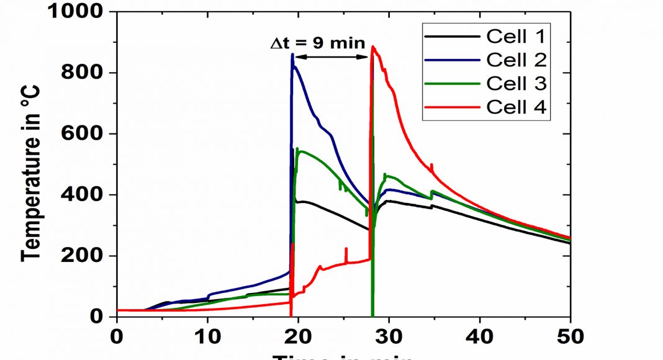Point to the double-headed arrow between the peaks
(x=332, y=57)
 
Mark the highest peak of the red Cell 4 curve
(x=372, y=47)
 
